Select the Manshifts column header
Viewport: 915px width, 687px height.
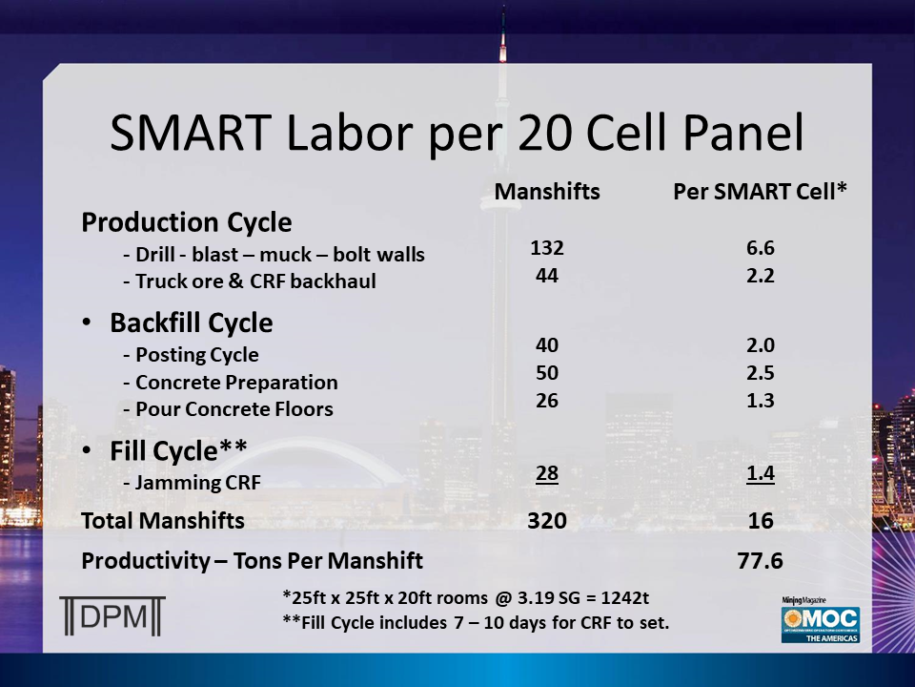[x=547, y=192]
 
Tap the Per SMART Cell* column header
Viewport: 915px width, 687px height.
[x=761, y=192]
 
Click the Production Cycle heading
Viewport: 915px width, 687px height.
[x=187, y=222]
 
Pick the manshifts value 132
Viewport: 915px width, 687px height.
[x=547, y=248]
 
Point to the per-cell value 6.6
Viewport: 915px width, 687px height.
[x=761, y=248]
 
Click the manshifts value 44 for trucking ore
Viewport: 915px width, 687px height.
[x=547, y=277]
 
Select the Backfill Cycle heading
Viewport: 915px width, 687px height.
[x=191, y=323]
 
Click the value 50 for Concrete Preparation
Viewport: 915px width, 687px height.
[x=547, y=372]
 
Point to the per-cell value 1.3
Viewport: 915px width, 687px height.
[x=761, y=401]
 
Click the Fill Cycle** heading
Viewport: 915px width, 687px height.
[x=179, y=449]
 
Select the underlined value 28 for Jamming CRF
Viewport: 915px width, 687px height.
[x=547, y=473]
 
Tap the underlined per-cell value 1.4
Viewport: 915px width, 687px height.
[x=761, y=473]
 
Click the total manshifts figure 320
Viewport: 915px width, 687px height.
[x=547, y=521]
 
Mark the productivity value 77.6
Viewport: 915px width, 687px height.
[x=761, y=561]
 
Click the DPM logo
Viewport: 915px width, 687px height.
[x=112, y=615]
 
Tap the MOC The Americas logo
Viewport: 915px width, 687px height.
[x=820, y=619]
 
